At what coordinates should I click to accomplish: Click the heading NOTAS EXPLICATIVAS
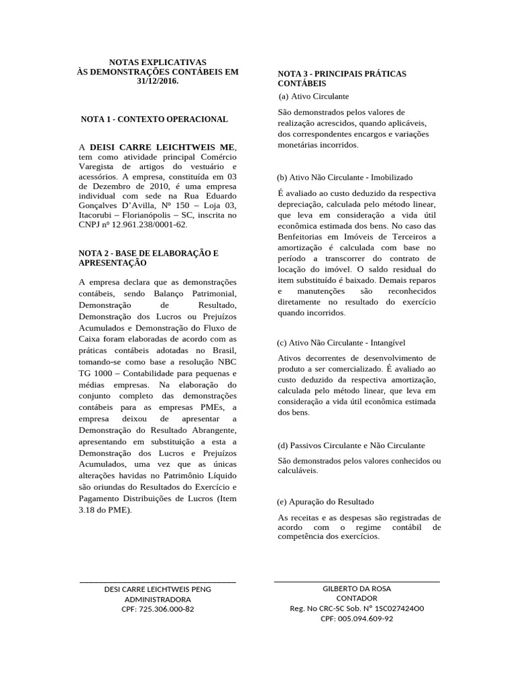tap(158, 62)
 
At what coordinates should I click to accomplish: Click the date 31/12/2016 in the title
tap(158, 82)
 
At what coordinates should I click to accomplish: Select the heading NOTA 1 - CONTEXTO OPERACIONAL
tap(154, 119)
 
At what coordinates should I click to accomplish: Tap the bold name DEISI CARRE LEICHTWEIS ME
tap(163, 146)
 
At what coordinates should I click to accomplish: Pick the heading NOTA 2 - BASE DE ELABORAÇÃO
tap(149, 254)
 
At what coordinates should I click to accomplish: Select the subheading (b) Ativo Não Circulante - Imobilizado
tap(345, 178)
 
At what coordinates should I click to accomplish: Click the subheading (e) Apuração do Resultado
tap(325, 502)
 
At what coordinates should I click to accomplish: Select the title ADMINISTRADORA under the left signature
tap(158, 599)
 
